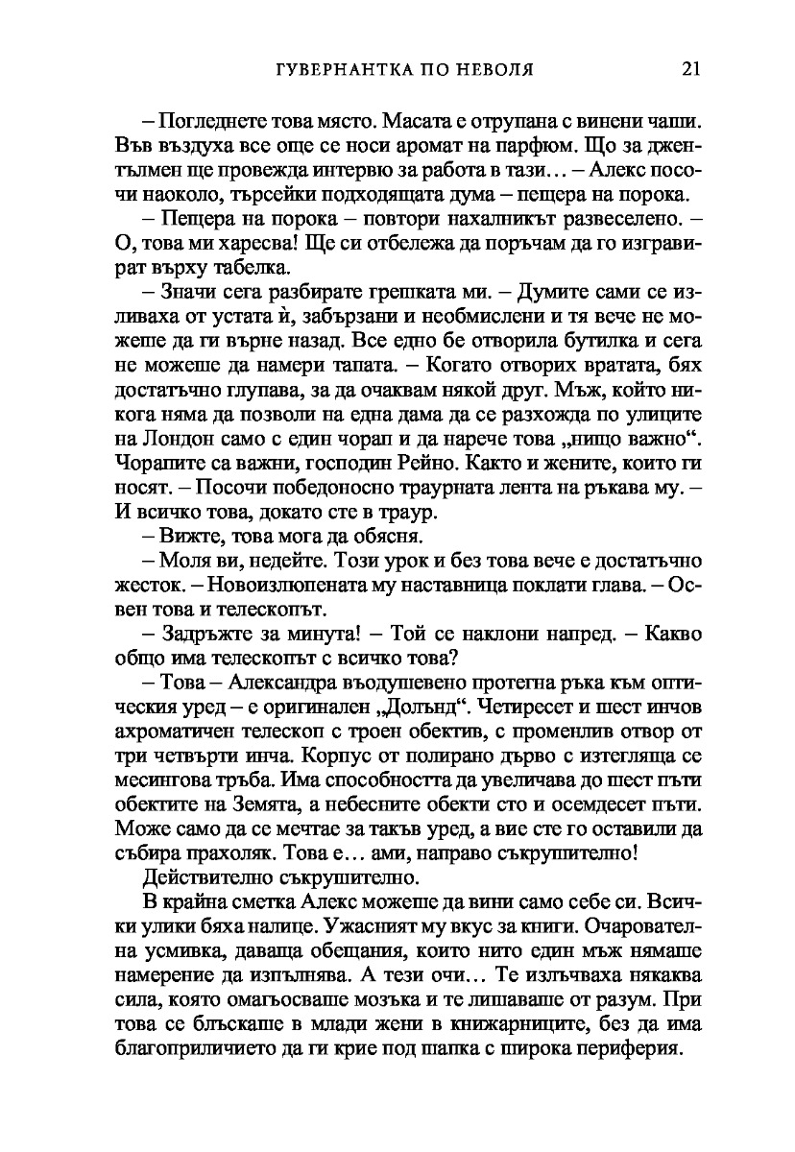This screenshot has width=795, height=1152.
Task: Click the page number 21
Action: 690,69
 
